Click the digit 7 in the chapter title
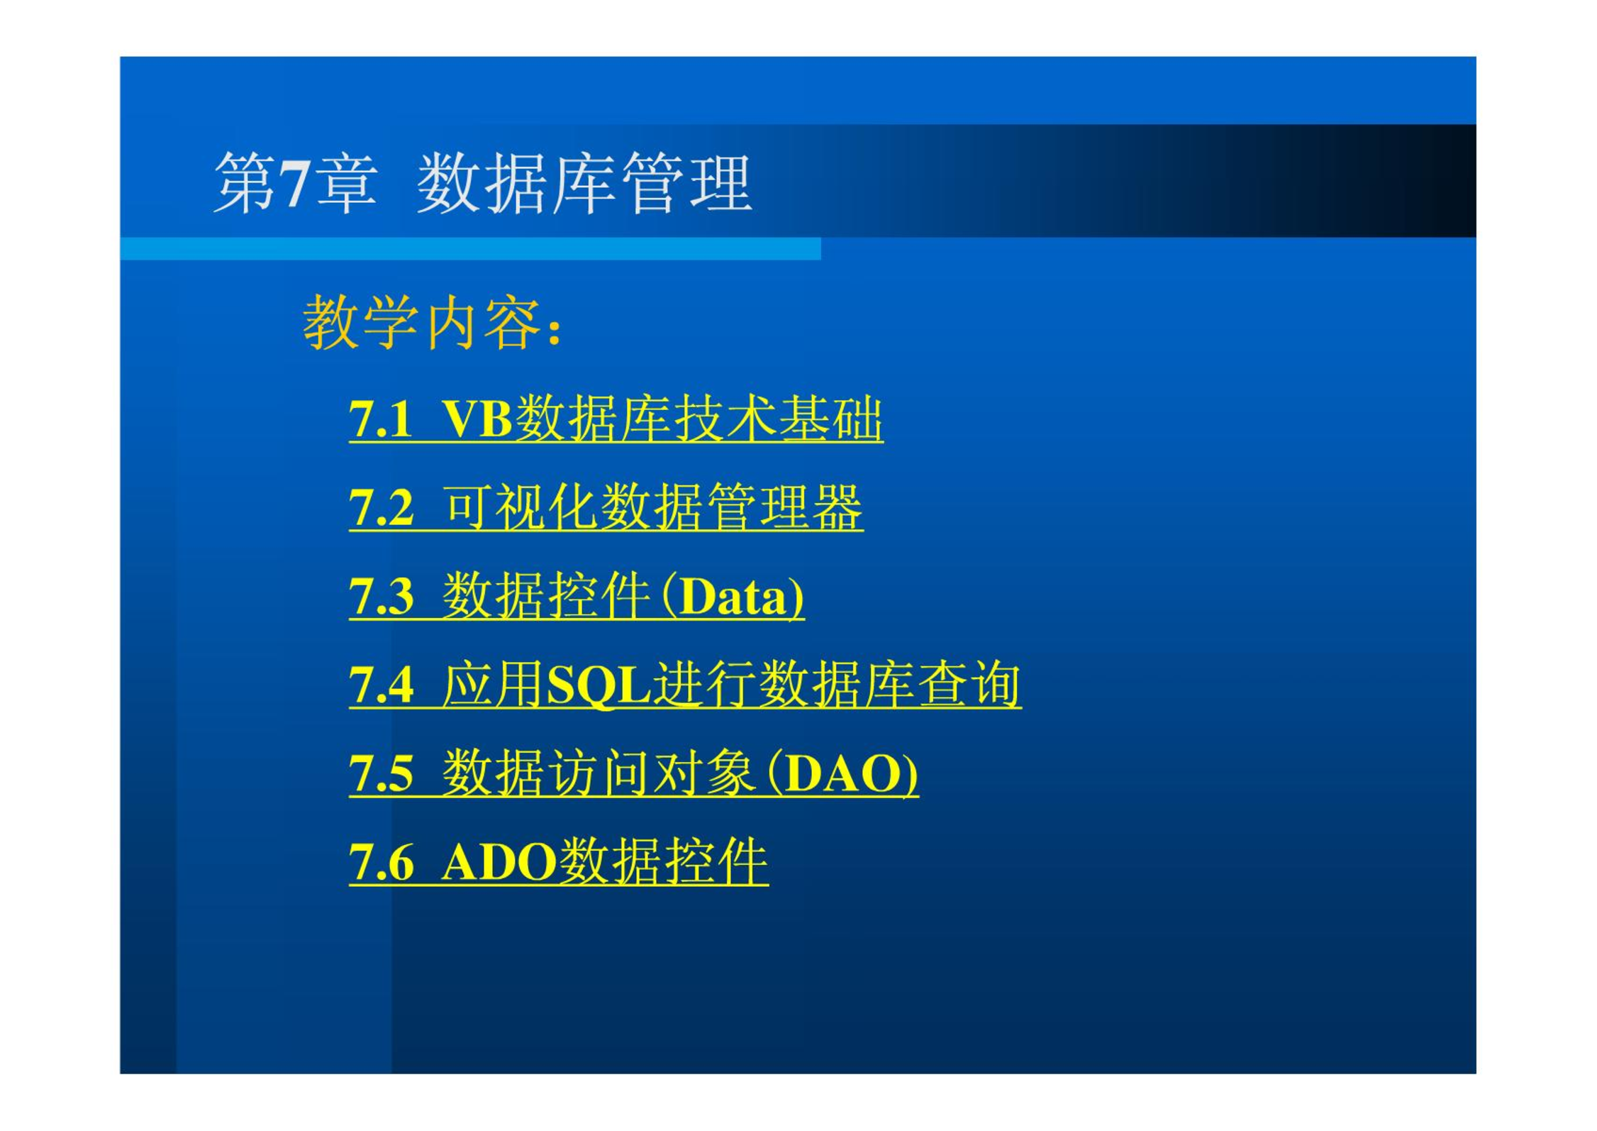tap(294, 184)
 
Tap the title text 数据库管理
tap(584, 183)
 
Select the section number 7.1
tap(381, 419)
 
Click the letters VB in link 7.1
tap(477, 419)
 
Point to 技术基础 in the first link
tap(778, 419)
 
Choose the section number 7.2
tap(382, 508)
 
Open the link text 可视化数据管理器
tap(653, 507)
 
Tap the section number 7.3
tap(382, 596)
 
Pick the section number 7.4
tap(382, 685)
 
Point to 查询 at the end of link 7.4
tap(969, 684)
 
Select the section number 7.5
tap(382, 773)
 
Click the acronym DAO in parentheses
tap(842, 774)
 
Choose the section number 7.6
tap(382, 862)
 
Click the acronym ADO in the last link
tap(500, 862)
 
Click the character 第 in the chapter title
tap(245, 183)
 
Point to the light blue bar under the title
tap(470, 249)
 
